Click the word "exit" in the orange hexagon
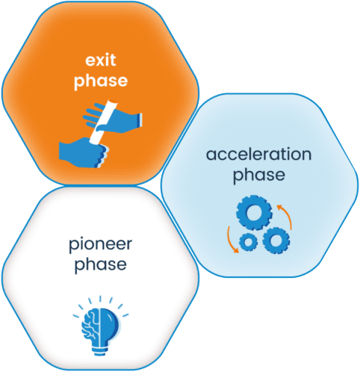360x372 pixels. (x=101, y=60)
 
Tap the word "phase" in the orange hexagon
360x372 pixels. (x=101, y=81)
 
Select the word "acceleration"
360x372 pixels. (x=258, y=155)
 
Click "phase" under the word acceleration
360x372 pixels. (x=259, y=175)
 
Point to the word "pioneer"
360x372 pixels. (x=100, y=245)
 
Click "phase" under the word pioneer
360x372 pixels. (x=101, y=264)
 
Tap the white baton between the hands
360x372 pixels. (x=104, y=122)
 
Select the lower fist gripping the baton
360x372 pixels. (x=84, y=152)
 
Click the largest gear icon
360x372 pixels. (x=254, y=213)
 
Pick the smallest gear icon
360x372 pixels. (x=248, y=242)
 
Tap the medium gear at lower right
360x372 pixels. (x=276, y=241)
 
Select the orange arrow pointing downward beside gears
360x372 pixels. (x=231, y=241)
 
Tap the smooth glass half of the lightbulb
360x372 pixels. (x=110, y=323)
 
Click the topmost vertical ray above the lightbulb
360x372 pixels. (x=100, y=299)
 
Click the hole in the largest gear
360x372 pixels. (x=254, y=213)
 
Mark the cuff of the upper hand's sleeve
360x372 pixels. (x=140, y=119)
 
